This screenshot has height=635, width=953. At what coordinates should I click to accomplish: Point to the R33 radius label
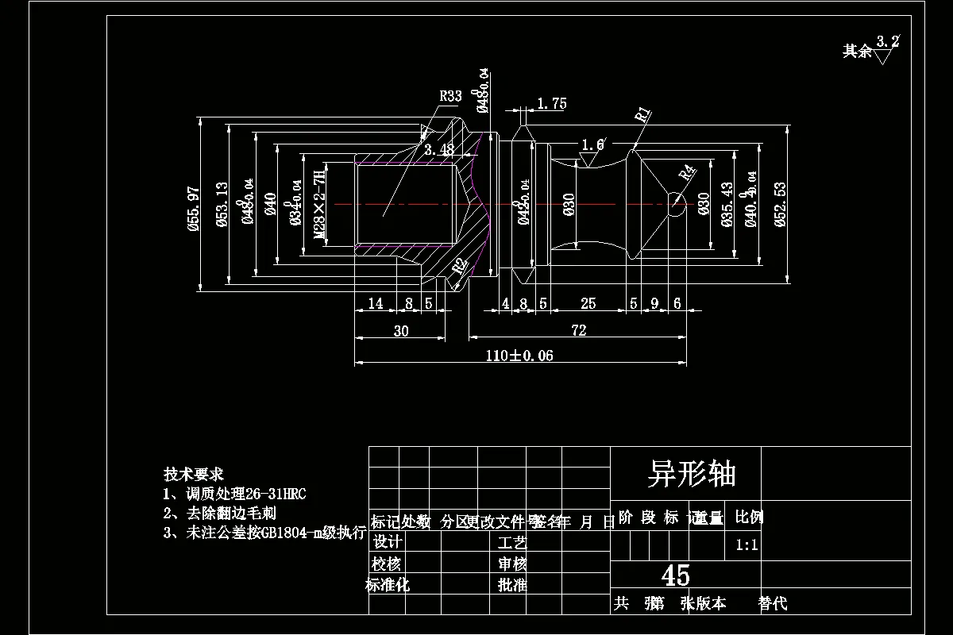[x=450, y=96]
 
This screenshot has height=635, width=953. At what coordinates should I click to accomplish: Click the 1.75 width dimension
[x=551, y=103]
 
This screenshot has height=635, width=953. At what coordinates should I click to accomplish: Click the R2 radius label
[x=459, y=267]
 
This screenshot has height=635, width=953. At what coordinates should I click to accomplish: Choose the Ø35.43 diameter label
[x=727, y=205]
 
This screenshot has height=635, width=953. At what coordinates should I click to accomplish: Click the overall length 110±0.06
[x=519, y=356]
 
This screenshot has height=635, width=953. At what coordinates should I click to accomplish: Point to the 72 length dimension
[x=578, y=330]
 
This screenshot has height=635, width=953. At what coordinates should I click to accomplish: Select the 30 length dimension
[x=401, y=330]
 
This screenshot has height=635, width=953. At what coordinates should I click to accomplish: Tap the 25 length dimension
[x=588, y=303]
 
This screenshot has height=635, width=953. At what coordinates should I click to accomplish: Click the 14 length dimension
[x=375, y=303]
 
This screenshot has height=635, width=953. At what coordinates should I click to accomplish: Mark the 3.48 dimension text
[x=438, y=149]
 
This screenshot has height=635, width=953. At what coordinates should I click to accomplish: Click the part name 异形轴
[x=692, y=474]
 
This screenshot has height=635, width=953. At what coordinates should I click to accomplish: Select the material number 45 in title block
[x=675, y=575]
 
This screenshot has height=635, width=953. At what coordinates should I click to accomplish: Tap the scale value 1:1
[x=747, y=545]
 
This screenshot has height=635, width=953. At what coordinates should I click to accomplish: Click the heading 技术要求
[x=187, y=474]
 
